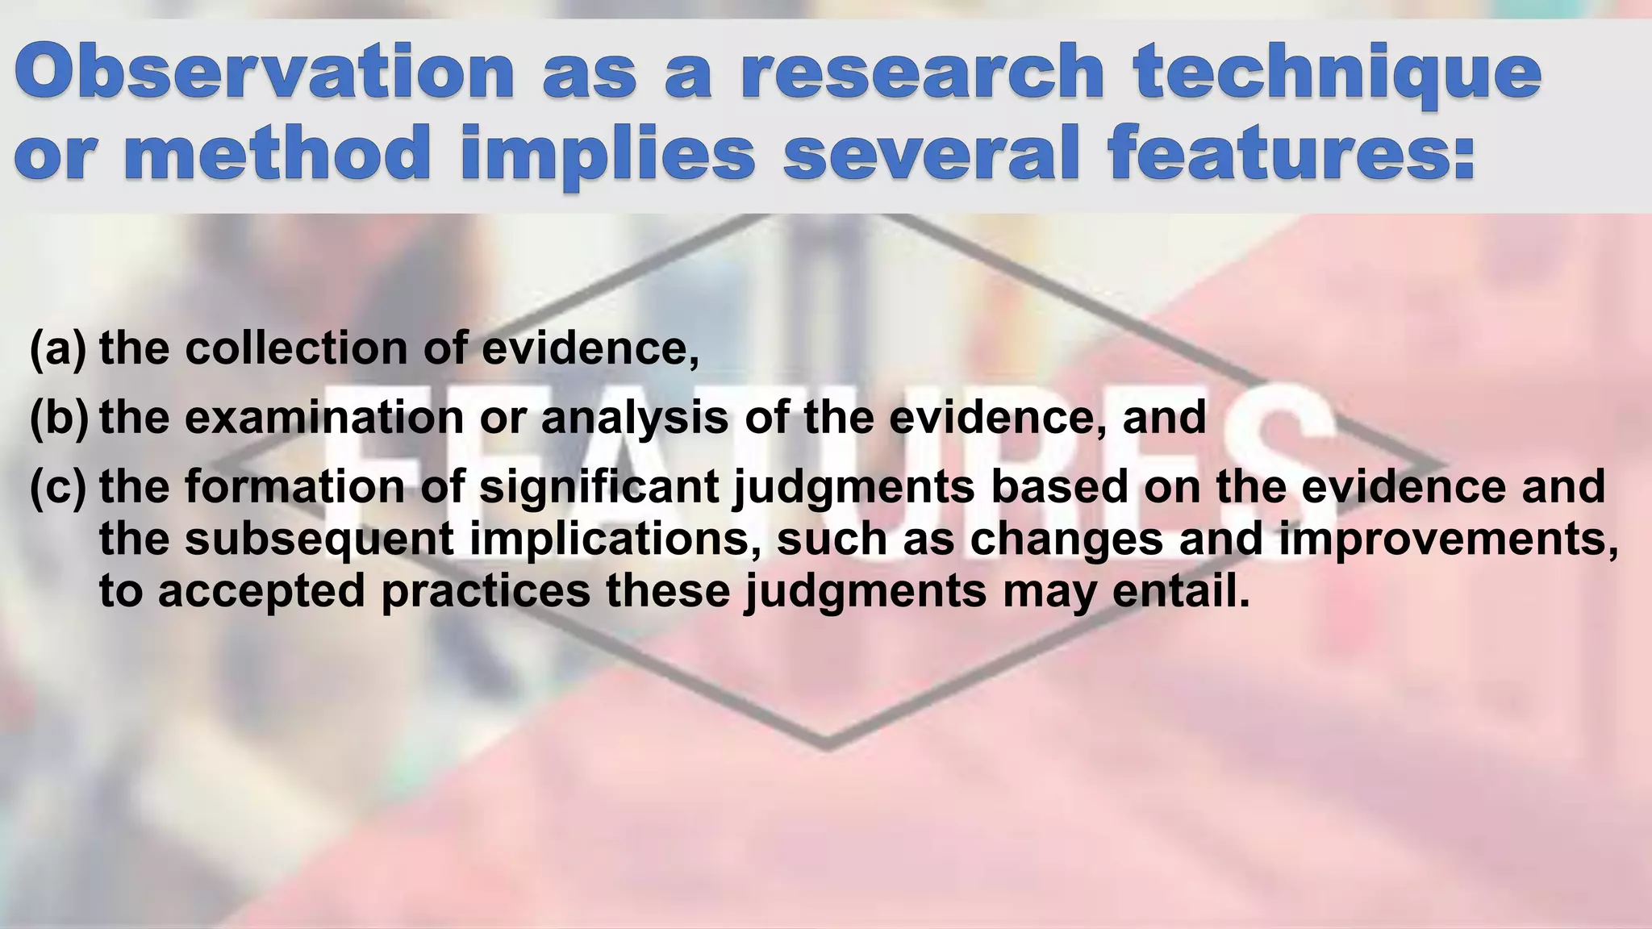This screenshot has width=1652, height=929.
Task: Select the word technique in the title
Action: pyautogui.click(x=1337, y=75)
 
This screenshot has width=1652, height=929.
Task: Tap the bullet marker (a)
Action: pyautogui.click(x=57, y=348)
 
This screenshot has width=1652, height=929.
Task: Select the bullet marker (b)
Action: pyautogui.click(x=57, y=418)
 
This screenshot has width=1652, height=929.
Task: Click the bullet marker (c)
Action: pyautogui.click(x=57, y=487)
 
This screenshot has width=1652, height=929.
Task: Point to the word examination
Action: pyautogui.click(x=325, y=418)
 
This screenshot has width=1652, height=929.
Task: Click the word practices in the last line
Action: pyautogui.click(x=486, y=592)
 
